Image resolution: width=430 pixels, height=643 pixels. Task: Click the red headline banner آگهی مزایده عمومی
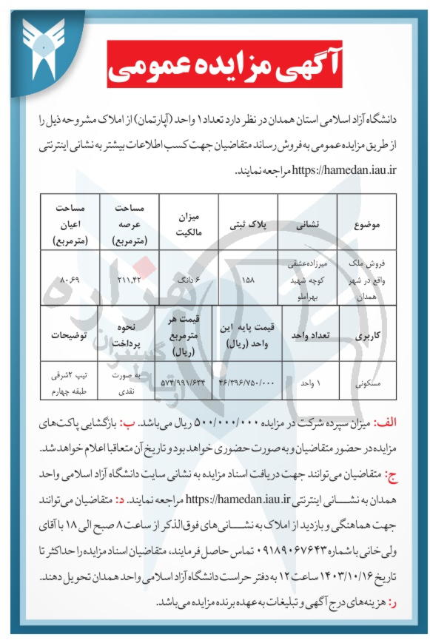click(215, 65)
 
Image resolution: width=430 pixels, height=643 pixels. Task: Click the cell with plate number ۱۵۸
click(249, 280)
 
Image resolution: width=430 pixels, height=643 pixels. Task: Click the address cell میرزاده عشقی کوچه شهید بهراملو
click(306, 280)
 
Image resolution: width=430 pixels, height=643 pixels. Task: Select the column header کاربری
click(367, 334)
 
